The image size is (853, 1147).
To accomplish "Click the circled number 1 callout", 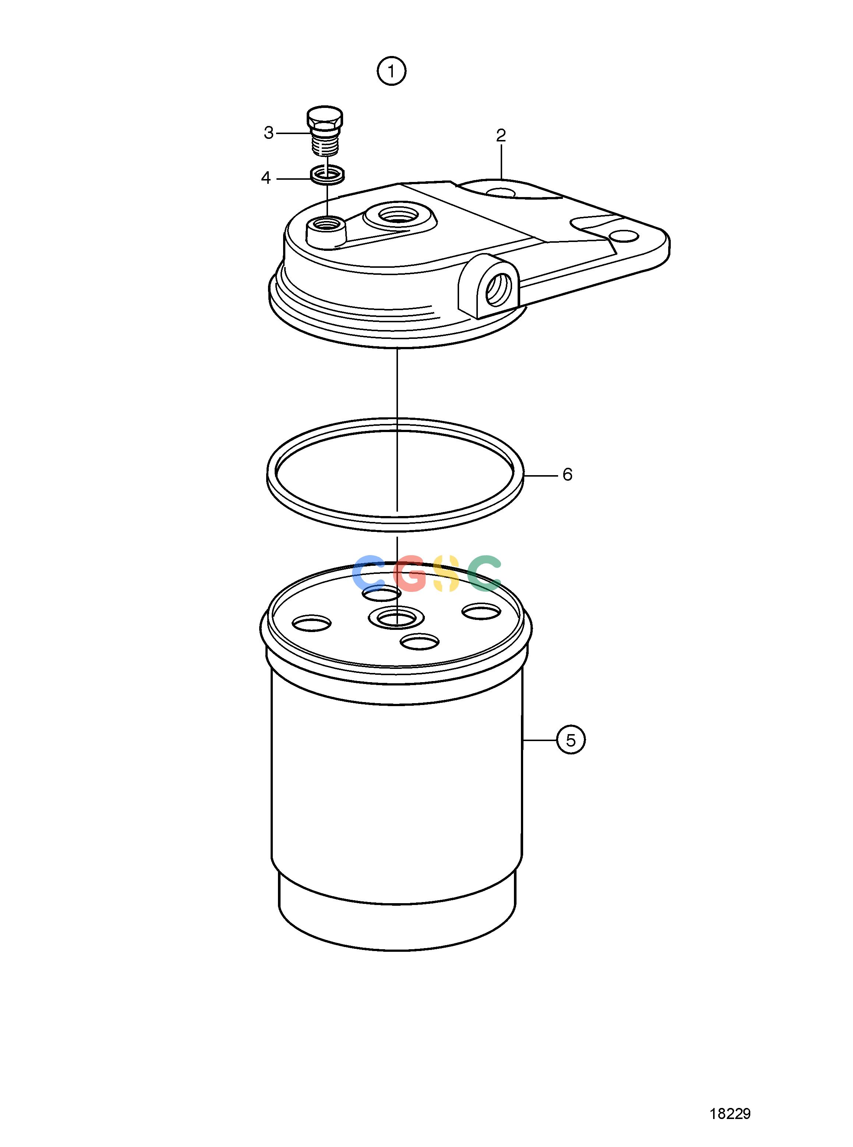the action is point(391,71).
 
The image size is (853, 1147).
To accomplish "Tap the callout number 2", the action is point(501,136).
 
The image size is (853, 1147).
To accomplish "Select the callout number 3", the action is point(268,133).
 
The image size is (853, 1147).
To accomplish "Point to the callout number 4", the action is point(266,178).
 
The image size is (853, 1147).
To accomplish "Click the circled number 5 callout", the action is point(571,740).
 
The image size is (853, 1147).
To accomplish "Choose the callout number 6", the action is point(567,474).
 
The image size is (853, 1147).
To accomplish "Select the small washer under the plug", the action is point(328,174).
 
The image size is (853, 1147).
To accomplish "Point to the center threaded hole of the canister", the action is point(396,617).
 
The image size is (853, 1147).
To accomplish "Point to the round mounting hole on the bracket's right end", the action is point(623,236).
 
